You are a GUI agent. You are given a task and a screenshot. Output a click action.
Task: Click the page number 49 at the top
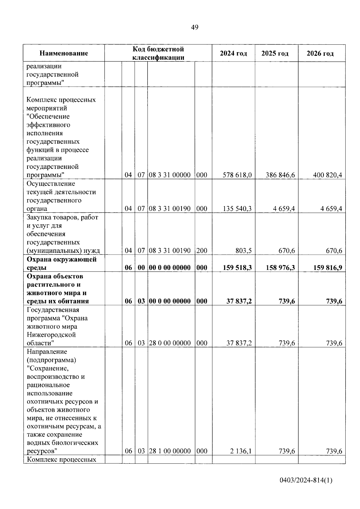(x=194, y=28)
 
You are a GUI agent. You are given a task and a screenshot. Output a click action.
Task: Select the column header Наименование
(x=64, y=53)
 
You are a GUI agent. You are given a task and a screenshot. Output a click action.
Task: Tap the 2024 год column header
(x=233, y=53)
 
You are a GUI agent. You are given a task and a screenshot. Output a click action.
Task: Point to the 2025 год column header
(x=275, y=53)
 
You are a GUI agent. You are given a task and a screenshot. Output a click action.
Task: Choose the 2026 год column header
(x=320, y=53)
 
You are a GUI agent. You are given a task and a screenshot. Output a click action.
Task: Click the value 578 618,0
(x=237, y=175)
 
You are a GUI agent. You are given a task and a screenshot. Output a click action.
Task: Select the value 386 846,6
(x=280, y=175)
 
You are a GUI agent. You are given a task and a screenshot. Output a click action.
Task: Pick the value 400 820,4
(x=328, y=175)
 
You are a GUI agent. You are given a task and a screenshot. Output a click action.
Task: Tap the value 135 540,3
(x=237, y=209)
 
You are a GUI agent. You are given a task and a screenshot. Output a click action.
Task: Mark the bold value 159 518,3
(x=237, y=268)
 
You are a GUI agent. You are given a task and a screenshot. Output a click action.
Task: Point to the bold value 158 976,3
(x=280, y=268)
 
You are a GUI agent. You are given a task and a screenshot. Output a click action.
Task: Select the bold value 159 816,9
(x=328, y=268)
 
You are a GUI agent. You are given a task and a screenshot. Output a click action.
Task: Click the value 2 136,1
(x=241, y=451)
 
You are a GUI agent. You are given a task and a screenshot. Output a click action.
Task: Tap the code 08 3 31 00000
(x=170, y=175)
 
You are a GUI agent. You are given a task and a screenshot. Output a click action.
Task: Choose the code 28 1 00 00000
(x=170, y=451)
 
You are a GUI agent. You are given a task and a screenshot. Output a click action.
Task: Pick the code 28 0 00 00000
(x=170, y=343)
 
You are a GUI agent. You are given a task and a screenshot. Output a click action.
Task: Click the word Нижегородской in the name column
(x=51, y=335)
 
